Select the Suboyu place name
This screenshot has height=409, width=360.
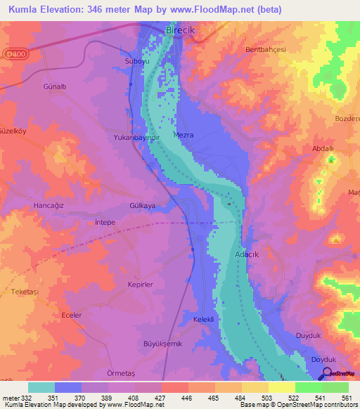(x=137, y=61)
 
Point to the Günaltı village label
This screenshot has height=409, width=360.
(x=54, y=86)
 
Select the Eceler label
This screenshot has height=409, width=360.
(x=72, y=315)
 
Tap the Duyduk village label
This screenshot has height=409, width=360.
(x=309, y=337)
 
